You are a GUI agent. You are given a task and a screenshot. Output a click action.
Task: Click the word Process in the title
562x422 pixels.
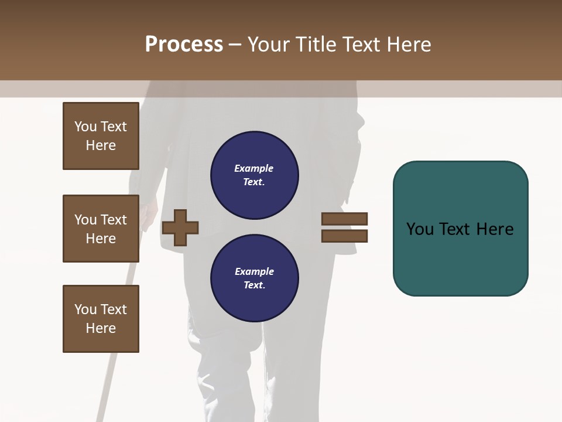click(184, 45)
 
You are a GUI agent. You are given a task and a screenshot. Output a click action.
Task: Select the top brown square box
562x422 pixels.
click(101, 136)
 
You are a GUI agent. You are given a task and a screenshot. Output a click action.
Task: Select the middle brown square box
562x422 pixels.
click(101, 229)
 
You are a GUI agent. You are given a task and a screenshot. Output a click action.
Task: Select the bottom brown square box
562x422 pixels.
click(101, 319)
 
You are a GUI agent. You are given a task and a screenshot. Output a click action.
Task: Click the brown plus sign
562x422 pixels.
click(180, 227)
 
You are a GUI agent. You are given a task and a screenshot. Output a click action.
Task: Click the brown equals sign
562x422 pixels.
click(344, 227)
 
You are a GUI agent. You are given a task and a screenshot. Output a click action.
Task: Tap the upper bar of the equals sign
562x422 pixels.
click(344, 219)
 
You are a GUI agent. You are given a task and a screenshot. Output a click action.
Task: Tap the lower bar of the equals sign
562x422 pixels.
click(344, 236)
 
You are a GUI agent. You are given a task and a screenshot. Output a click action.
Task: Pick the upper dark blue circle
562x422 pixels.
click(254, 175)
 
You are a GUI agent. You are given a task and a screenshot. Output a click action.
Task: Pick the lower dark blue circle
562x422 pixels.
click(254, 278)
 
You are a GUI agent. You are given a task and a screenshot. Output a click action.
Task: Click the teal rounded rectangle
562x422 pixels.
click(460, 229)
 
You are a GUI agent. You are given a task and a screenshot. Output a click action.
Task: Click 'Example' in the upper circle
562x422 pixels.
click(254, 169)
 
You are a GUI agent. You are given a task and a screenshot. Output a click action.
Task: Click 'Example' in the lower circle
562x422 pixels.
click(254, 272)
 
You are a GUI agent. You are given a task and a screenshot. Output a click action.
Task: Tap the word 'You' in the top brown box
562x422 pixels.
click(85, 127)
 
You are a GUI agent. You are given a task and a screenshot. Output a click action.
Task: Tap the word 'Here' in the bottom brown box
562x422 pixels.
click(101, 329)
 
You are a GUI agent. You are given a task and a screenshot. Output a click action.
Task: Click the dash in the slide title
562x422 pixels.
click(235, 45)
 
